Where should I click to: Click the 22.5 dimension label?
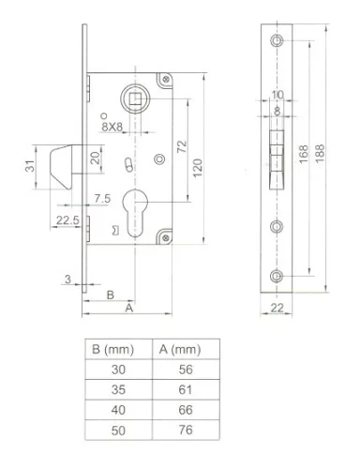(x=64, y=220)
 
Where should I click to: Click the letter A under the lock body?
(x=129, y=307)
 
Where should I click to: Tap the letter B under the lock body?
(x=111, y=293)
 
